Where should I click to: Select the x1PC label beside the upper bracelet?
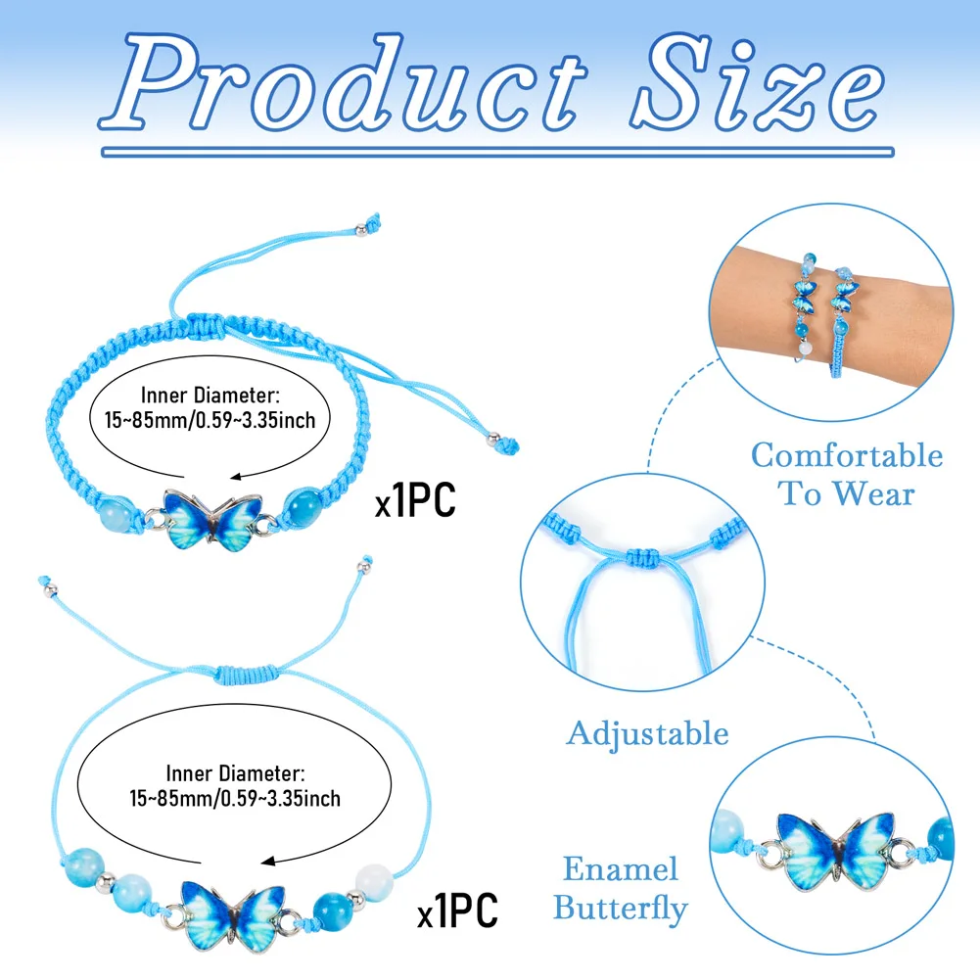[416, 502]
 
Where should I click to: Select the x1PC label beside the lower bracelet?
[457, 910]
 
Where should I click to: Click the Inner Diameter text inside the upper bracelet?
[210, 396]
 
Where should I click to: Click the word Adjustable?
[647, 733]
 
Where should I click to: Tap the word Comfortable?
[847, 455]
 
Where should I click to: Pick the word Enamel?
[621, 868]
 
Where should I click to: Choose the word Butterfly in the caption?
[621, 908]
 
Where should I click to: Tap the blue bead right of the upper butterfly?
[304, 513]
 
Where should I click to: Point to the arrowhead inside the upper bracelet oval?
[231, 477]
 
